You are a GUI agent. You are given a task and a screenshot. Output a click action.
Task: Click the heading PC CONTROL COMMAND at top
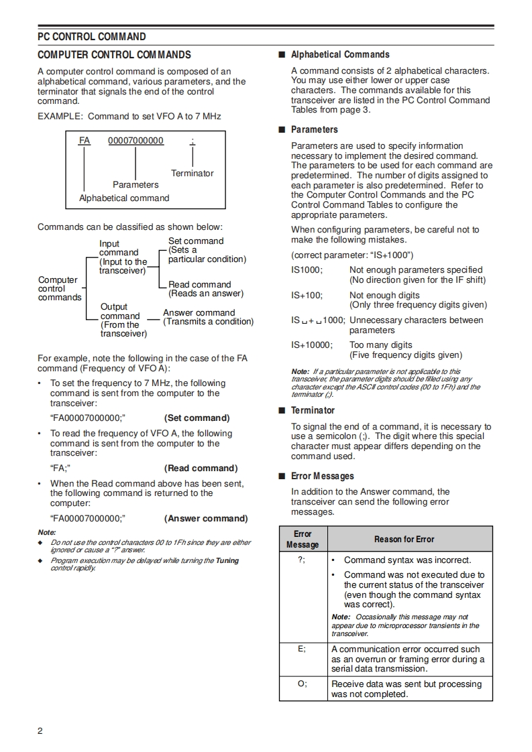point(92,36)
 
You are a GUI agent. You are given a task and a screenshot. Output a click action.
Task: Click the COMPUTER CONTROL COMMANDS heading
point(114,55)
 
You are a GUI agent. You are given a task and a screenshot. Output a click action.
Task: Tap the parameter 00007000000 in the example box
point(136,141)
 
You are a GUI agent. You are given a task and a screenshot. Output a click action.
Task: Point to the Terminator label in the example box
point(192,173)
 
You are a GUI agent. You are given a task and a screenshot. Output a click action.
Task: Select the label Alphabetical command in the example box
point(124,198)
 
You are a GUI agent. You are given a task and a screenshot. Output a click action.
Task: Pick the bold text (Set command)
point(197,418)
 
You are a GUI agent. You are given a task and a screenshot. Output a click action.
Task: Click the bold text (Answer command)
point(205,518)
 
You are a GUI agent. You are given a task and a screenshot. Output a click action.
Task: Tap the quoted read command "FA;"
point(61,468)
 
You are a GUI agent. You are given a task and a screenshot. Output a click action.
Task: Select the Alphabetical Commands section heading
point(339,54)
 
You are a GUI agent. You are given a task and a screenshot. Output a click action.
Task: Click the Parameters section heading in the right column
point(314,129)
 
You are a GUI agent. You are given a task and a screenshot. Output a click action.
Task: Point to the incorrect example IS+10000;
point(312,345)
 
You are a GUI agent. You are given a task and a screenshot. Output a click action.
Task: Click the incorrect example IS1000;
point(307,269)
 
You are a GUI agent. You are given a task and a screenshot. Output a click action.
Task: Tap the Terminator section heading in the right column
point(313,410)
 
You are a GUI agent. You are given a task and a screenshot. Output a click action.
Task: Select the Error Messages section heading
point(322,476)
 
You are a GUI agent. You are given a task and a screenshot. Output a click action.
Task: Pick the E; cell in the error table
point(303,649)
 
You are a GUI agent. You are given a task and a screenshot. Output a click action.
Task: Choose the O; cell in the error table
point(303,684)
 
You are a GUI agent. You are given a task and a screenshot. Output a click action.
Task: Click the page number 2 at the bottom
point(40,731)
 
